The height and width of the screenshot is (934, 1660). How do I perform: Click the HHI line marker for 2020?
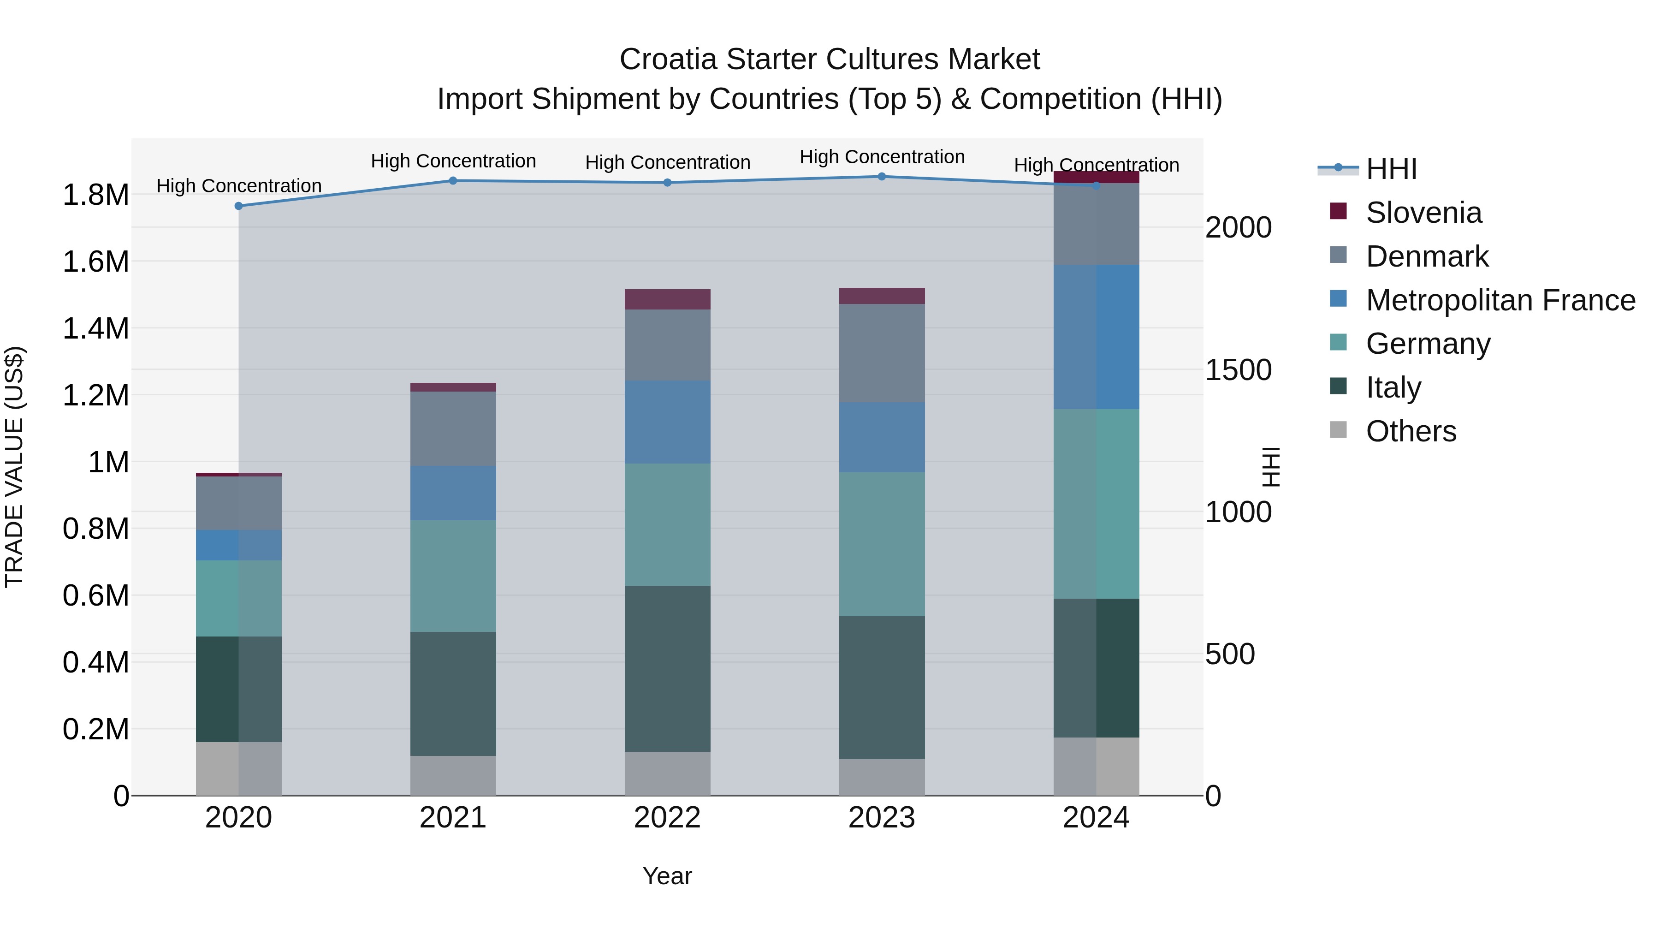tap(238, 206)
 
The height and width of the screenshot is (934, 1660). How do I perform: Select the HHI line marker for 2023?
tap(882, 177)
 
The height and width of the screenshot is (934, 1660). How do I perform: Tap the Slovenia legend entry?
tap(1423, 213)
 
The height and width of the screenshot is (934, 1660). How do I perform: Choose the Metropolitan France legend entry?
tap(1500, 300)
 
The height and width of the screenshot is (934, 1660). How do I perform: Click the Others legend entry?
tap(1411, 431)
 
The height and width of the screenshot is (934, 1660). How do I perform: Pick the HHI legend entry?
tap(1391, 169)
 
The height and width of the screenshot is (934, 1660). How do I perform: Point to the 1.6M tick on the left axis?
tap(95, 262)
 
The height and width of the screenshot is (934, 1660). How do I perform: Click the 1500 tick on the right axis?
tap(1238, 370)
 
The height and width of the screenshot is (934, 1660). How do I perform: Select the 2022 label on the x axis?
tap(667, 818)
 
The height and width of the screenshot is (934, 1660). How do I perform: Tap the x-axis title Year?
tap(667, 876)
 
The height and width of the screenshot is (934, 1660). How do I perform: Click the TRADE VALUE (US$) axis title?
tap(14, 467)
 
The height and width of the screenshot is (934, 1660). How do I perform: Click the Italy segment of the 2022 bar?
tap(667, 668)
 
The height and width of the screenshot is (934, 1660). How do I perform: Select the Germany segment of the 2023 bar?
tap(882, 544)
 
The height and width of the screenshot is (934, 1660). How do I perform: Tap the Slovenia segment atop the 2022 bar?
tap(667, 299)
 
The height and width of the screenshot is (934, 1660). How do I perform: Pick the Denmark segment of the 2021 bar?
tap(453, 428)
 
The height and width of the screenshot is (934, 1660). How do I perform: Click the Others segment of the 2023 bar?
tap(882, 777)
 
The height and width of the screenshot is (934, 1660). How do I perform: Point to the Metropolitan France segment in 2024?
tap(1096, 337)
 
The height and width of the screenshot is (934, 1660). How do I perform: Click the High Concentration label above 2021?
tap(453, 161)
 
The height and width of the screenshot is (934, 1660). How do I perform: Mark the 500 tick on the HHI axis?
tap(1229, 654)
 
